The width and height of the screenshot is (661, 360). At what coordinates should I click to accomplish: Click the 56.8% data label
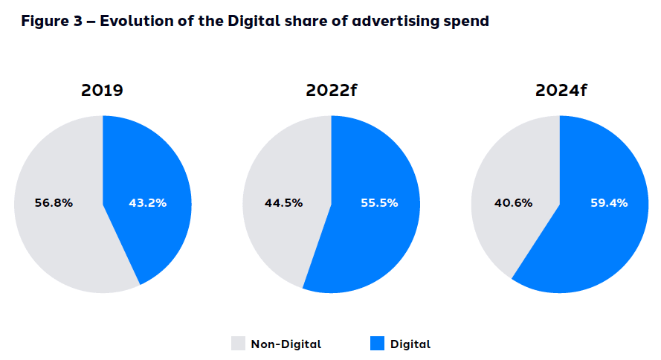click(54, 202)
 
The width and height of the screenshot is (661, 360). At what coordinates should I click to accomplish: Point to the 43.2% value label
click(147, 202)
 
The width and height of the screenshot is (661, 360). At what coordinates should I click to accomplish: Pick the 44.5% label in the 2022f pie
click(283, 202)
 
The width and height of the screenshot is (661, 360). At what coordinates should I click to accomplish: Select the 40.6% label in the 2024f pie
click(513, 202)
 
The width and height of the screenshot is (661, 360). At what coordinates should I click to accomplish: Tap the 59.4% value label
click(607, 202)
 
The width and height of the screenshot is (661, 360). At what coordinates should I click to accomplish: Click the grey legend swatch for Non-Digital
click(238, 344)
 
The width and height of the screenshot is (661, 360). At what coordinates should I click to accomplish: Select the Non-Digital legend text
click(286, 344)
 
